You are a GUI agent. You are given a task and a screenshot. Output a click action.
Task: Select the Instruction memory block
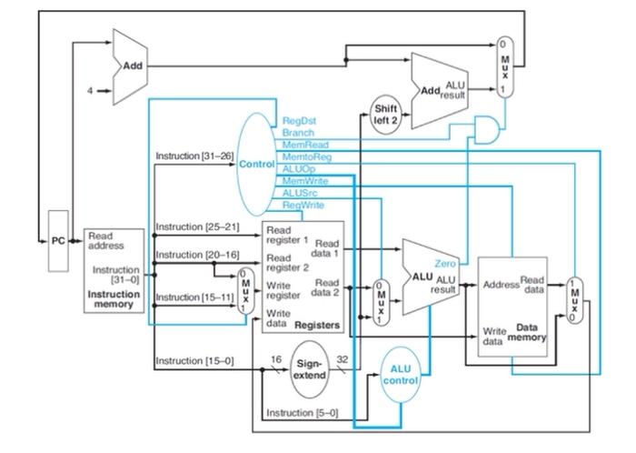click(114, 270)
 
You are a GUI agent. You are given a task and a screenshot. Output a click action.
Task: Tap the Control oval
click(260, 164)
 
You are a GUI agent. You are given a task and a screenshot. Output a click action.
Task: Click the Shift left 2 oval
click(385, 115)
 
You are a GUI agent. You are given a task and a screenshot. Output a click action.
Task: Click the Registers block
click(302, 277)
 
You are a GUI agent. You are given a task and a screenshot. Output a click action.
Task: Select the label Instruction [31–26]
click(194, 156)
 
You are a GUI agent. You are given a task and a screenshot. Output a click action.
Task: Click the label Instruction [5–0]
click(302, 413)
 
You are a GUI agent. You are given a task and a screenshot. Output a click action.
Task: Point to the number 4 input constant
click(89, 90)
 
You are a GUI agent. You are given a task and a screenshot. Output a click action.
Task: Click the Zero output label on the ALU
click(444, 263)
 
